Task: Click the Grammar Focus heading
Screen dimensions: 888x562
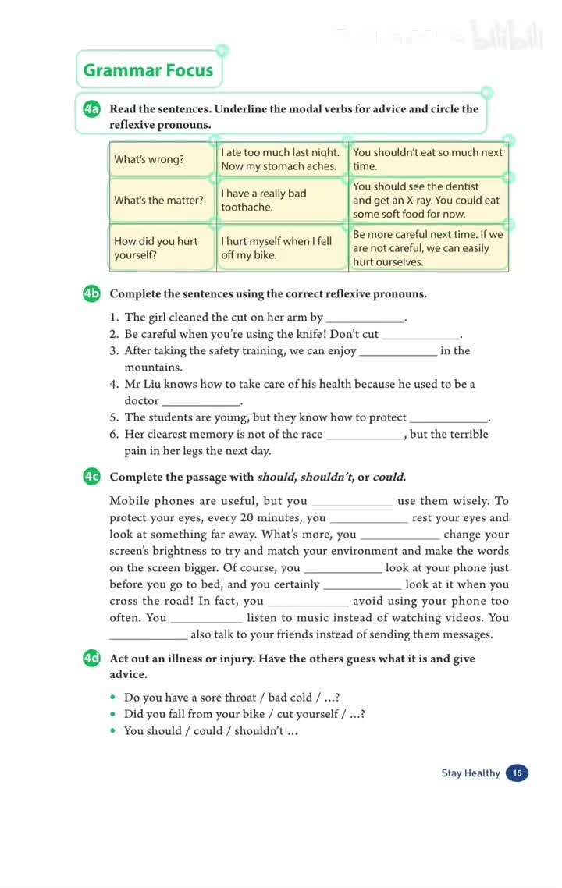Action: (148, 70)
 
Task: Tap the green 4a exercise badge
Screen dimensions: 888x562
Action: (91, 109)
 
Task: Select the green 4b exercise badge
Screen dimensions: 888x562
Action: (91, 294)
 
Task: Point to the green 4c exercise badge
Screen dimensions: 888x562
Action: (91, 477)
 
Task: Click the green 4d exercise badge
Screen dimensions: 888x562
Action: (91, 659)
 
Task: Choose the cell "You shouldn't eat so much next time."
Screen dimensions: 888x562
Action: (428, 159)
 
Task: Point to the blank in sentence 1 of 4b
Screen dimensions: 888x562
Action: (365, 318)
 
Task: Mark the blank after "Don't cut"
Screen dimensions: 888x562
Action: (420, 335)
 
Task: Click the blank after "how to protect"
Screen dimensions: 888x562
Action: (448, 418)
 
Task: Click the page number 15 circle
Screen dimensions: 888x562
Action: (517, 773)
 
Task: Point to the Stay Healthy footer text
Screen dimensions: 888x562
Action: (471, 773)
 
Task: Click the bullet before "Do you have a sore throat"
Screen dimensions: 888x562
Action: (114, 698)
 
